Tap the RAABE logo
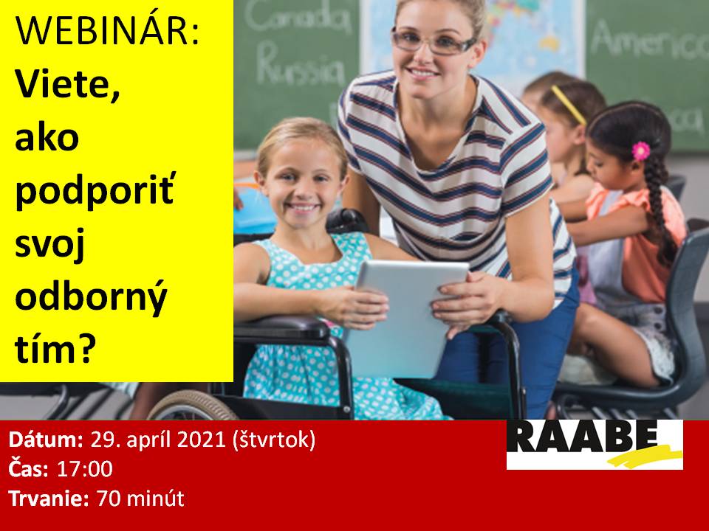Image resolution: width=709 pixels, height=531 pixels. pos(595,445)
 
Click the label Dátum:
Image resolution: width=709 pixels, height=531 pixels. pos(46,440)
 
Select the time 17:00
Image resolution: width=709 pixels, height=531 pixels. pos(84,469)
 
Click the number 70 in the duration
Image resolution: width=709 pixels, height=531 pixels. pos(108,499)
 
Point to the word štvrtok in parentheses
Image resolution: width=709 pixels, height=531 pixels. pos(273,440)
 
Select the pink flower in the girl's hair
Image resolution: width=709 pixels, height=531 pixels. pos(641,150)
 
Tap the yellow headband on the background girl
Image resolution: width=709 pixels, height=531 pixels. pos(569,105)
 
